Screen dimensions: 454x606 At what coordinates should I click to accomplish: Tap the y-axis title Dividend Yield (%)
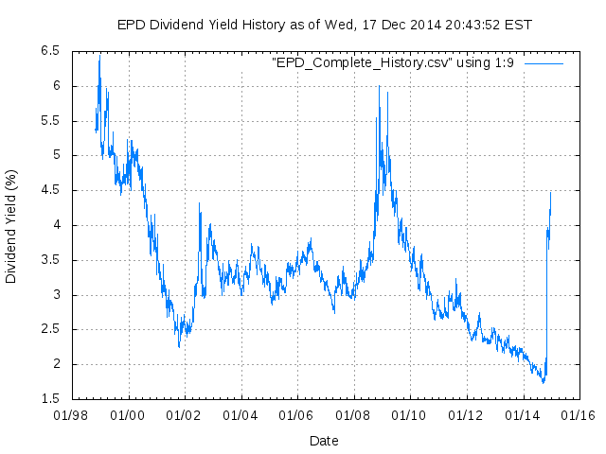(x=11, y=226)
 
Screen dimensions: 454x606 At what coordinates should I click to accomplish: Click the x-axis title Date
(x=324, y=440)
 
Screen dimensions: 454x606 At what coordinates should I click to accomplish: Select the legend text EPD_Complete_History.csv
(x=392, y=62)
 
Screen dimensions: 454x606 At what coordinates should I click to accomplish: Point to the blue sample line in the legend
(x=544, y=62)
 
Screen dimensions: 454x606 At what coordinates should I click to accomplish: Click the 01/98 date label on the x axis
(x=73, y=414)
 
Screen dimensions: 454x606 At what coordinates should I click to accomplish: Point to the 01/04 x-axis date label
(x=241, y=414)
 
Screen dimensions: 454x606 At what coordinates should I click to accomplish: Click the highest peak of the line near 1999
(x=99, y=57)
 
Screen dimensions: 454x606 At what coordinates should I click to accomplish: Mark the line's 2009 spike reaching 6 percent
(x=379, y=86)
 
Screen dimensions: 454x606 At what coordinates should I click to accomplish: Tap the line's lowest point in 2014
(x=544, y=382)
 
